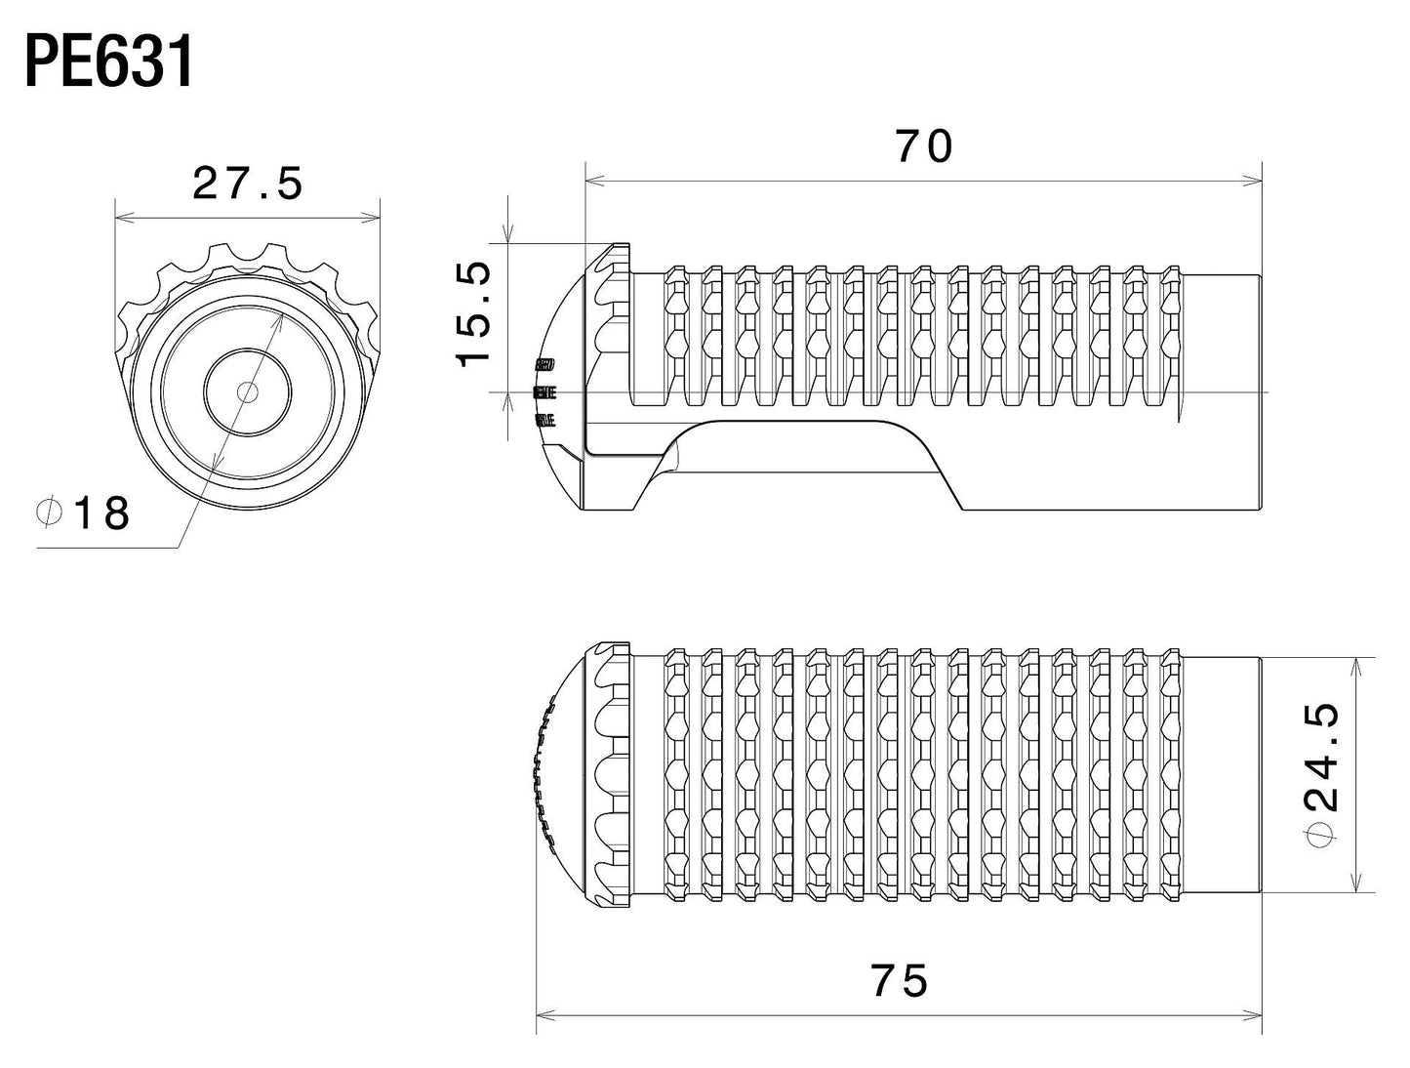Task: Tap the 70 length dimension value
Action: [923, 146]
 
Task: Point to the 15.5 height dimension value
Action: [474, 315]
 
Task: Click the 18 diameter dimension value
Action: [101, 513]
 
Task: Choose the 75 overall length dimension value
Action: [899, 980]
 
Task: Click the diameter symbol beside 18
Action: [49, 512]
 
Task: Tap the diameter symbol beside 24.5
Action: [1322, 836]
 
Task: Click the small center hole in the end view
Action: [248, 391]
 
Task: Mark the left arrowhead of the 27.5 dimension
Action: [120, 218]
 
